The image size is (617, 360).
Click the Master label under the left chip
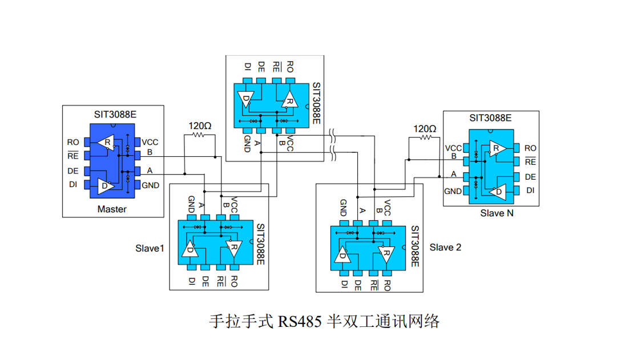112,209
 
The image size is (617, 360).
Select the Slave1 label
150,248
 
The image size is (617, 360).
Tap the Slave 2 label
445,247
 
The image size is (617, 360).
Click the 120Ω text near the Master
200,126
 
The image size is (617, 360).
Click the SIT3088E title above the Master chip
115,114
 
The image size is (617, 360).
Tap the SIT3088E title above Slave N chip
490,119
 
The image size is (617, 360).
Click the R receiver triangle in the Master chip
106,143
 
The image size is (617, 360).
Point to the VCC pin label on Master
150,142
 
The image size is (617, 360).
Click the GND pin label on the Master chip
151,185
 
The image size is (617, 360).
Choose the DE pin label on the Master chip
73,171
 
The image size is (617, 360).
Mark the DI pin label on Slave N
530,191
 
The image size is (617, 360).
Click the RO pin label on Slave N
530,148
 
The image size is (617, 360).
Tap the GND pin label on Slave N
453,191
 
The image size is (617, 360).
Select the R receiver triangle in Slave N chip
495,149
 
